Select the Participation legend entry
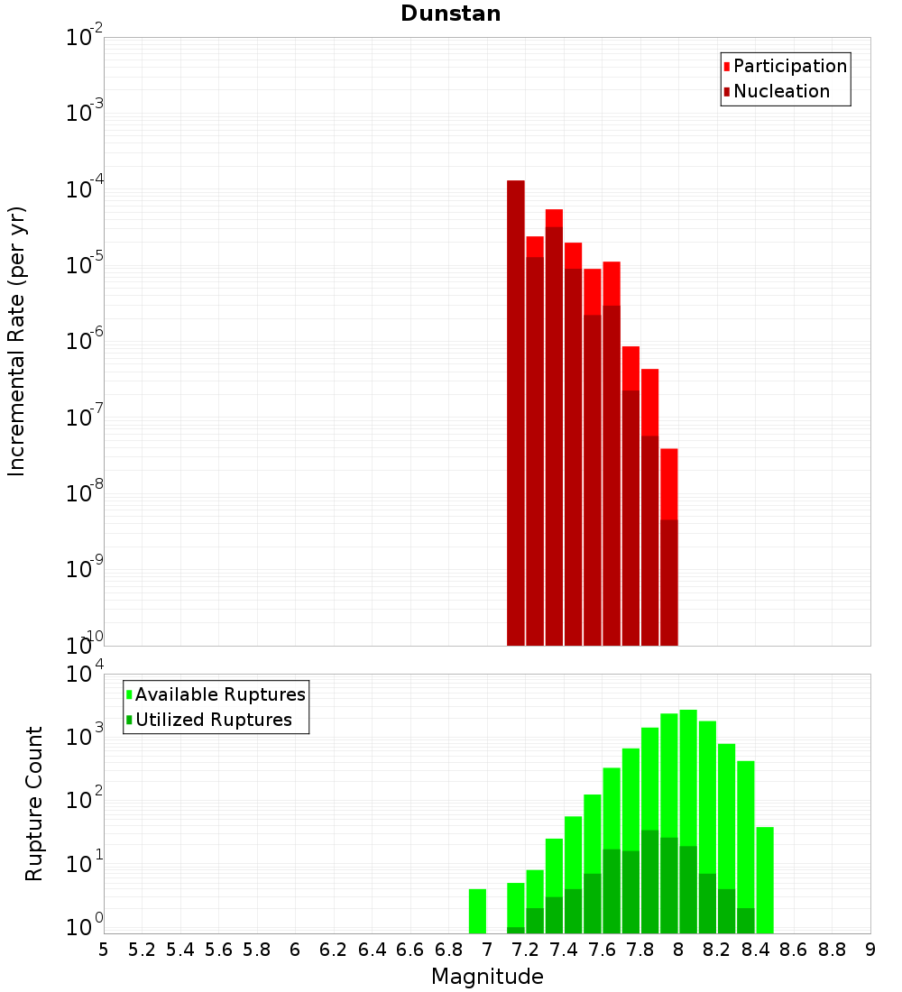789,66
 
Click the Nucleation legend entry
780,91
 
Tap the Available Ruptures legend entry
219,694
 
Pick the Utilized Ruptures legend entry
213,720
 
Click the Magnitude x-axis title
487,977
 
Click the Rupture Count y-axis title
34,804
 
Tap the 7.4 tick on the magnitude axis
564,950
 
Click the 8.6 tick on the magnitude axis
794,950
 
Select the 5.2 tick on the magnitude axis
143,950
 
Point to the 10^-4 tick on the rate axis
85,190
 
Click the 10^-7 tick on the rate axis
85,418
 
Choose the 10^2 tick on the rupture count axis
85,800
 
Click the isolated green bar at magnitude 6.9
477,911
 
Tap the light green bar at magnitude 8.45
765,879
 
